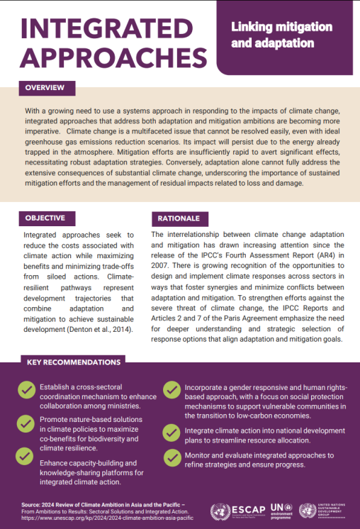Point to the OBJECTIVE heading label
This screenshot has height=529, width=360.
[45, 218]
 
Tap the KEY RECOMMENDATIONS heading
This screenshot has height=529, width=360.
[74, 362]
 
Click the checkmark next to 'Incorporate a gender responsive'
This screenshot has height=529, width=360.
[171, 390]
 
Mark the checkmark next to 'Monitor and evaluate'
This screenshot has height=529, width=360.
[171, 457]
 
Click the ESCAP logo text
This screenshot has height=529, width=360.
[246, 511]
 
